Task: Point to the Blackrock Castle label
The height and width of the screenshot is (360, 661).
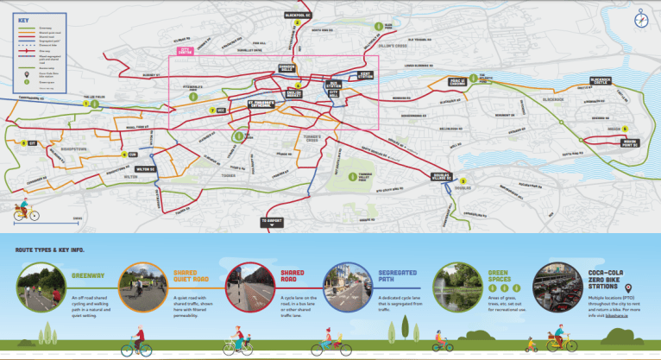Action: coord(605,80)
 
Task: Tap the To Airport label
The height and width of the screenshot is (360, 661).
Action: coord(273,221)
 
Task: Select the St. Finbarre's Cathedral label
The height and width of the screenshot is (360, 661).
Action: coord(249,108)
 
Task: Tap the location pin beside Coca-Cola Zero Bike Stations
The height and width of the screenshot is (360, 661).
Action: coord(626,288)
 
